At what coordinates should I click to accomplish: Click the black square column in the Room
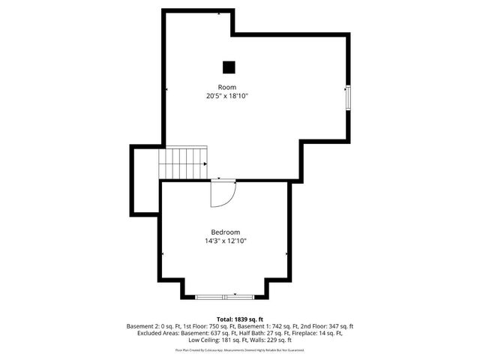(229, 67)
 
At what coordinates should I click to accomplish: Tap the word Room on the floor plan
(227, 87)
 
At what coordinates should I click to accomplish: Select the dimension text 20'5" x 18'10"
(227, 96)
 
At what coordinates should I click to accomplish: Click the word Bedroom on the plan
(225, 232)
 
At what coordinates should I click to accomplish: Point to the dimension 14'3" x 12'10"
(226, 241)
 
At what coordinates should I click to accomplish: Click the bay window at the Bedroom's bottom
(226, 297)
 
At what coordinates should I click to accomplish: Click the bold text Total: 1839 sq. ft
(240, 319)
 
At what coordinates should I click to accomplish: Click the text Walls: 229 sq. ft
(270, 340)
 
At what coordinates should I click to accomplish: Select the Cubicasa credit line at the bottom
(240, 349)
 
